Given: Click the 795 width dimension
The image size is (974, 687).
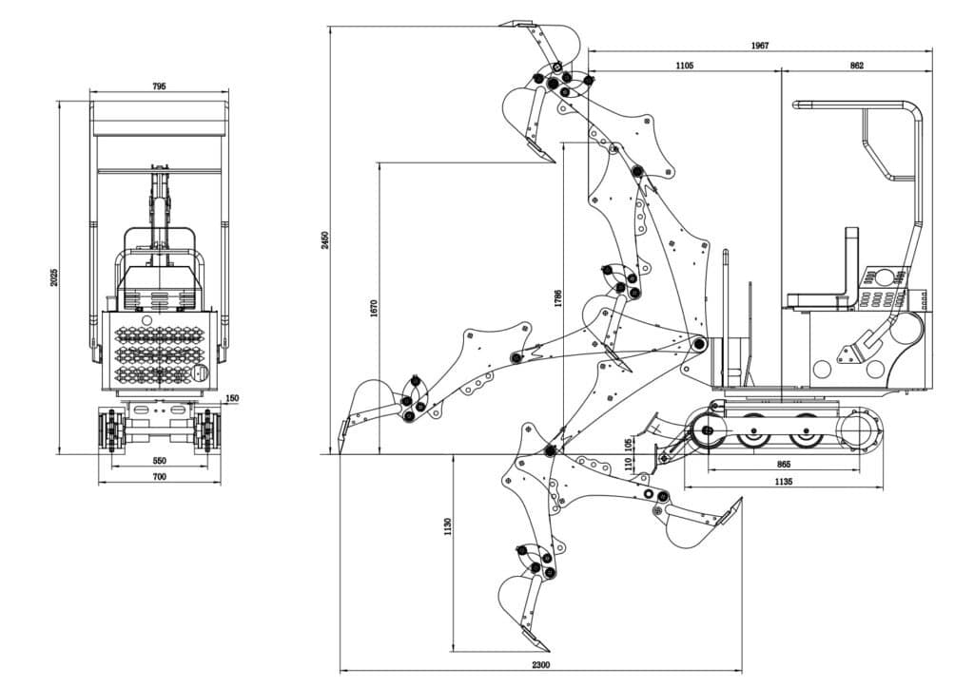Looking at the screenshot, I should pos(159,86).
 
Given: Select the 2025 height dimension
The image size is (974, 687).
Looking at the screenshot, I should pos(54,276).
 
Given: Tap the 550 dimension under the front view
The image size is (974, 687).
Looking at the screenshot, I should pos(159,461).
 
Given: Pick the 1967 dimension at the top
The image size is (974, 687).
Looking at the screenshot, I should pos(759,45).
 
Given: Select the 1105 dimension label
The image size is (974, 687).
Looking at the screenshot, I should pos(684,66).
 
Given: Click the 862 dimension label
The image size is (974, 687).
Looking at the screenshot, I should pos(856,66).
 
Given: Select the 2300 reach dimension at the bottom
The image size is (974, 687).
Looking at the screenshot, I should pos(541,664).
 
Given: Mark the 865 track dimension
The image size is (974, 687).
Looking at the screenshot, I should pos(784,465).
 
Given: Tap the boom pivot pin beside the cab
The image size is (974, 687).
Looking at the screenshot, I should pos(699,344).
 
